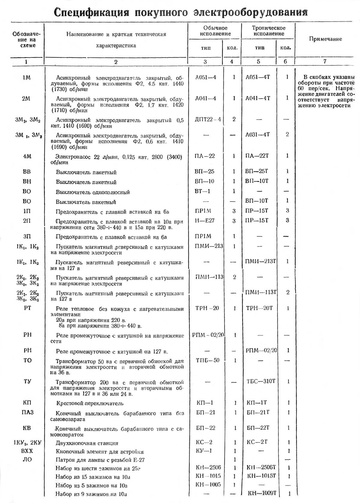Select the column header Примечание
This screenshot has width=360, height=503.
click(x=325, y=39)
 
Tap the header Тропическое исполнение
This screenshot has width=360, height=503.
click(x=268, y=31)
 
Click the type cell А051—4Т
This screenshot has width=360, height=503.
click(x=258, y=77)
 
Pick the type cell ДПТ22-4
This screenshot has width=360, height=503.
click(x=208, y=119)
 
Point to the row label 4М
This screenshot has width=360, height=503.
click(x=27, y=157)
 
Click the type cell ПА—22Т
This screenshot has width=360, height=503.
click(x=257, y=156)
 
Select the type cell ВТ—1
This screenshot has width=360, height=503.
click(x=202, y=191)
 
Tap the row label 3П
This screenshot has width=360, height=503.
click(x=27, y=237)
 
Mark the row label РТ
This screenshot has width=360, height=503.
click(x=27, y=308)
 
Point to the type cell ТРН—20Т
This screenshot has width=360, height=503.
click(x=259, y=308)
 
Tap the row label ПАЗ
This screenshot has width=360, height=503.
click(x=27, y=412)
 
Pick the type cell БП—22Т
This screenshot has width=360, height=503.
click(x=258, y=428)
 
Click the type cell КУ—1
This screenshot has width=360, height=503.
click(x=204, y=451)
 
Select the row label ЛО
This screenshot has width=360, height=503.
click(x=27, y=460)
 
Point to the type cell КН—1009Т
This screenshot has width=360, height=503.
click(x=262, y=493)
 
